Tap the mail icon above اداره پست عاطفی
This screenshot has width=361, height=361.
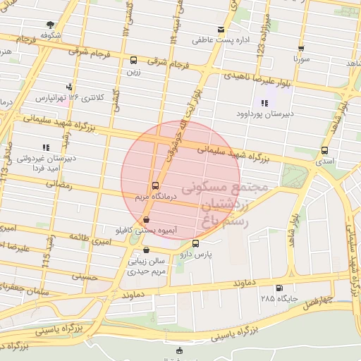pyautogui.click(x=221, y=30)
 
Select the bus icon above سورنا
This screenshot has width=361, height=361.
pyautogui.click(x=301, y=49)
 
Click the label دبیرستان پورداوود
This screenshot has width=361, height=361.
pyautogui.click(x=265, y=113)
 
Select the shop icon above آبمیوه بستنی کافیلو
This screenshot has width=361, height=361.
pyautogui.click(x=146, y=219)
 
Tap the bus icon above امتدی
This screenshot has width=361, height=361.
pyautogui.click(x=324, y=150)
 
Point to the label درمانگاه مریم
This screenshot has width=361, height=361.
pyautogui.click(x=145, y=197)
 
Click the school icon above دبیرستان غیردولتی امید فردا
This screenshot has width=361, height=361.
pyautogui.click(x=46, y=147)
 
